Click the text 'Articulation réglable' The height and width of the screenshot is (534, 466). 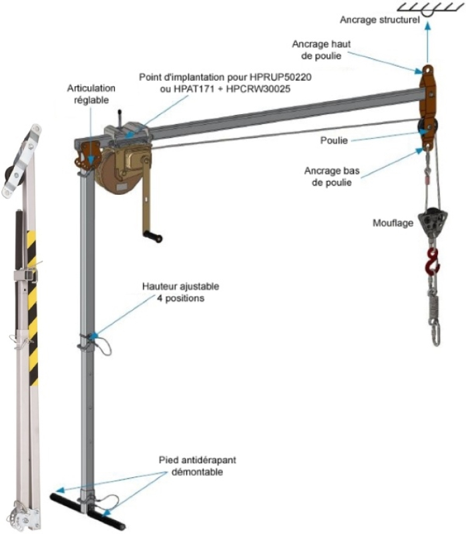[x=91, y=93]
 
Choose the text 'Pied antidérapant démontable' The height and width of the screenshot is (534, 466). [x=198, y=466]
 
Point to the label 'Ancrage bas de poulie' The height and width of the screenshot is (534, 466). [x=332, y=176]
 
